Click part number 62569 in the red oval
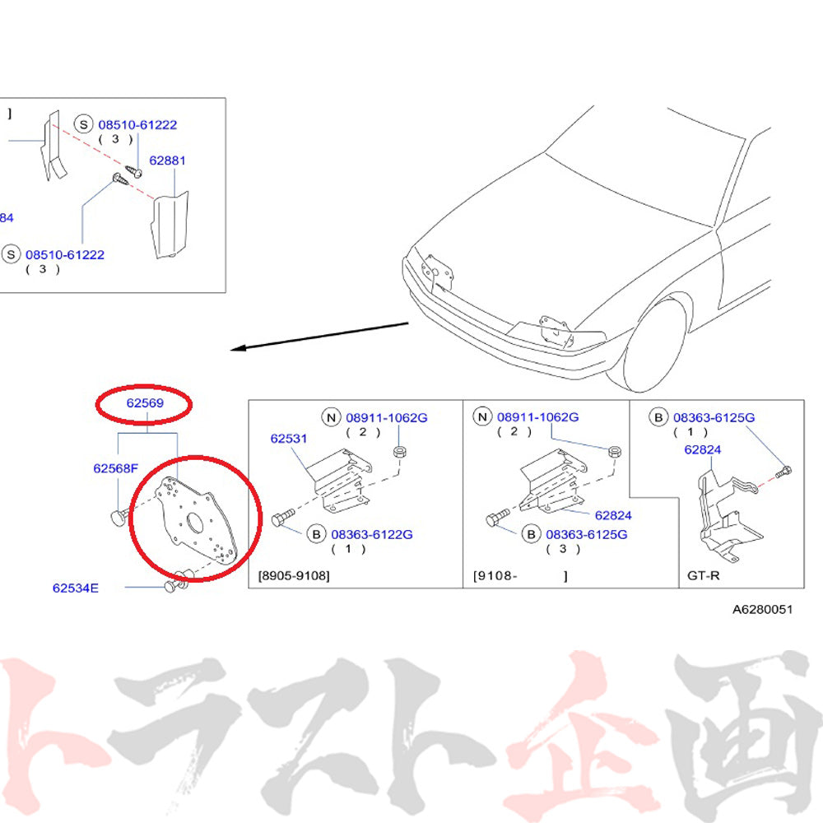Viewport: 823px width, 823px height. click(x=145, y=403)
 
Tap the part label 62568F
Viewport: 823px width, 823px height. click(x=115, y=468)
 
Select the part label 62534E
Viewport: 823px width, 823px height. click(x=76, y=588)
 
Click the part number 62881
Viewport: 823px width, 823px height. click(x=167, y=160)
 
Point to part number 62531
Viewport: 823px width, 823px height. click(x=289, y=439)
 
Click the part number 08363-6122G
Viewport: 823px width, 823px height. click(x=372, y=534)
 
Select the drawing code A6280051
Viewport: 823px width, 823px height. click(x=762, y=609)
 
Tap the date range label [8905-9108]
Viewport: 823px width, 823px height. click(x=294, y=576)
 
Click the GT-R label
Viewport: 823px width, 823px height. click(x=704, y=576)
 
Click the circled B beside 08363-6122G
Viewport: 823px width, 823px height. click(x=317, y=534)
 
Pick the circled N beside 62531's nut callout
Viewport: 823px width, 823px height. click(x=331, y=418)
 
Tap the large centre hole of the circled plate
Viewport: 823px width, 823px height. click(x=195, y=521)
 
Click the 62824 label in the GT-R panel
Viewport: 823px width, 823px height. click(x=702, y=450)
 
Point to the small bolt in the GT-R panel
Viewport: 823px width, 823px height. click(x=783, y=471)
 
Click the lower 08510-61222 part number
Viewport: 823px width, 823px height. click(x=65, y=255)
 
